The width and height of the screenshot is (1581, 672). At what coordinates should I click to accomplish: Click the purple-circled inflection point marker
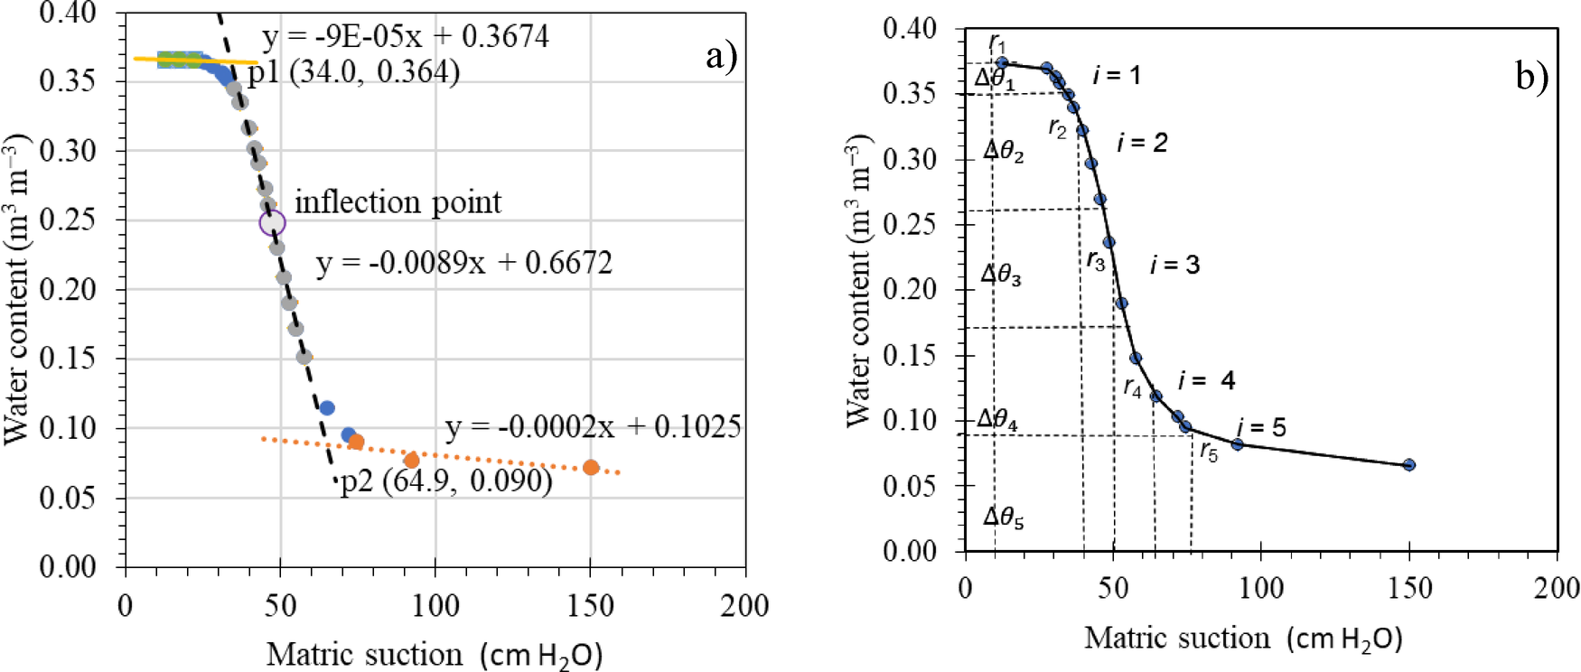(x=272, y=223)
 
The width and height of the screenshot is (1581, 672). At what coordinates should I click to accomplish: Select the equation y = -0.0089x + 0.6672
(x=463, y=263)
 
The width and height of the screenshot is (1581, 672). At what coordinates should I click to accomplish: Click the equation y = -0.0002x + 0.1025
(x=593, y=426)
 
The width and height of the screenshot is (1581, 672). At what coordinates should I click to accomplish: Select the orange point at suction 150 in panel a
(x=591, y=467)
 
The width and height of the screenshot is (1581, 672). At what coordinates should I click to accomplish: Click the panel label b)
(x=1532, y=77)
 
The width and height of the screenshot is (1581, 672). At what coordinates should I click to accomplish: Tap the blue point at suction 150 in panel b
(x=1408, y=464)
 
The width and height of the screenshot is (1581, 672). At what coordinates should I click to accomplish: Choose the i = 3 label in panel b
(x=1174, y=265)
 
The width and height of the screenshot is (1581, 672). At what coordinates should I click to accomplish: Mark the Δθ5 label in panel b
(x=1003, y=518)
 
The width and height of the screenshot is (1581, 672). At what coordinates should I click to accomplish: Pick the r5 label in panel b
(x=1209, y=452)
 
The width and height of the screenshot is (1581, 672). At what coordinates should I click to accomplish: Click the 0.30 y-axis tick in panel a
(x=68, y=150)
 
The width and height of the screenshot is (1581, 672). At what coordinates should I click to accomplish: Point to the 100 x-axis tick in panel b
(x=1260, y=589)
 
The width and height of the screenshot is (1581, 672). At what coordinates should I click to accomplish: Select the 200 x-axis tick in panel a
(x=744, y=606)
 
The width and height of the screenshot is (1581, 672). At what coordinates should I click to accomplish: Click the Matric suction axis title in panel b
(x=1243, y=639)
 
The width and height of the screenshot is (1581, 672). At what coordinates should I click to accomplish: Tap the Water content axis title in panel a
(x=18, y=289)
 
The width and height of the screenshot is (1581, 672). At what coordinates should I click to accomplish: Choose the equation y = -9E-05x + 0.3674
(x=405, y=36)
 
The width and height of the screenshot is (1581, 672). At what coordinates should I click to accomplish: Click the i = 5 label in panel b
(x=1261, y=426)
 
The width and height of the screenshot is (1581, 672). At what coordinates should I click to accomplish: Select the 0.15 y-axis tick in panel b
(x=909, y=355)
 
